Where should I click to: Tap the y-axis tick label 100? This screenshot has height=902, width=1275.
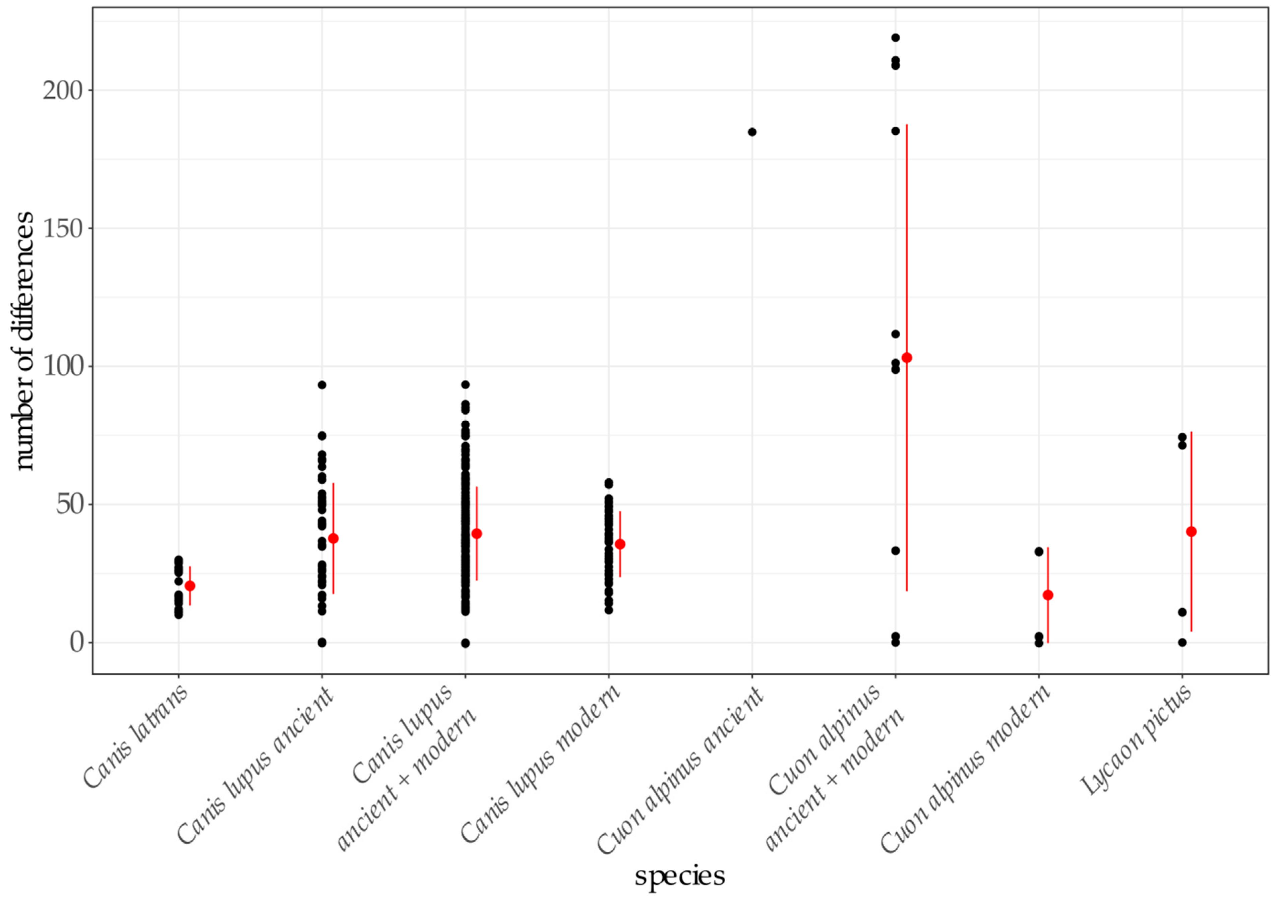pos(62,367)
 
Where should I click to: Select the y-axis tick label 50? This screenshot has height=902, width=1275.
pos(69,504)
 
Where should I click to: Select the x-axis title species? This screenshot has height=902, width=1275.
pos(680,876)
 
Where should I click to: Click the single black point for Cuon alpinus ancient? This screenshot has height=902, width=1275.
pos(752,132)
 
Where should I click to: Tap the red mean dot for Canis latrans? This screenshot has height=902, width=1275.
pos(190,586)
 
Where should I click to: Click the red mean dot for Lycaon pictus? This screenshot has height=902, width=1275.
pos(1191,532)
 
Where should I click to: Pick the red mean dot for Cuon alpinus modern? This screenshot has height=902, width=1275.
pos(1048,595)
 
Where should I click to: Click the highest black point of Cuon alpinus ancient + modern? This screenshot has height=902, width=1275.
pos(895,38)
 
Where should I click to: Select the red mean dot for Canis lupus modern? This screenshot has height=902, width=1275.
pos(620,544)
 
